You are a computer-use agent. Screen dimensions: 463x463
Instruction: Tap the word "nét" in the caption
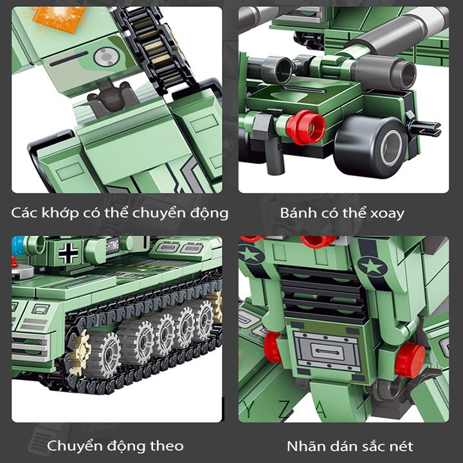point(402,446)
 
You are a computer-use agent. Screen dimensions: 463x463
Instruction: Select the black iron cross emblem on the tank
point(68,253)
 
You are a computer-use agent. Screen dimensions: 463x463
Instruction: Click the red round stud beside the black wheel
point(305,127)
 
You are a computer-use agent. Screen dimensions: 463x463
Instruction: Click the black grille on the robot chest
point(323,293)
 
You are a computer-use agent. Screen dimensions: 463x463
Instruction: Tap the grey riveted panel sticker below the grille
point(327,351)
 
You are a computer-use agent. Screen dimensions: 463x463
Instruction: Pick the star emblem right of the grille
point(372,266)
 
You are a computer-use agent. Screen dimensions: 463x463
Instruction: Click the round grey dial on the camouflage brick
point(106,57)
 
